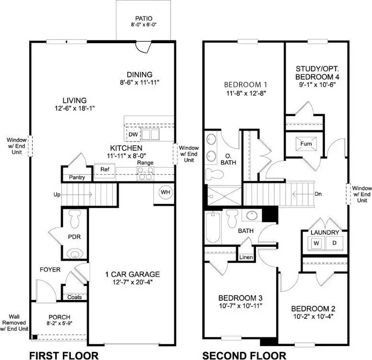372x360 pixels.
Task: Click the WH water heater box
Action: point(165,192)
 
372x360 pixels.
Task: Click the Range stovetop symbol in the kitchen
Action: point(145,176)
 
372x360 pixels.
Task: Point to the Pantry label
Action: point(77,178)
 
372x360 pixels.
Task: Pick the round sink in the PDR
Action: point(74,253)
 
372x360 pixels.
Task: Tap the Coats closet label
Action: point(74,297)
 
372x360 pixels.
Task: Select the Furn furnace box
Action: point(306,144)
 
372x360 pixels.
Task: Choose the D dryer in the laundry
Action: point(334,243)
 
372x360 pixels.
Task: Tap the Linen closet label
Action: point(246,258)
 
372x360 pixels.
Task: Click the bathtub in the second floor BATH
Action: point(212,228)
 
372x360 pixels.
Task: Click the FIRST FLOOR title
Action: point(64,355)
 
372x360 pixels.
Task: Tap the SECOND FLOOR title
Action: point(244,355)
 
